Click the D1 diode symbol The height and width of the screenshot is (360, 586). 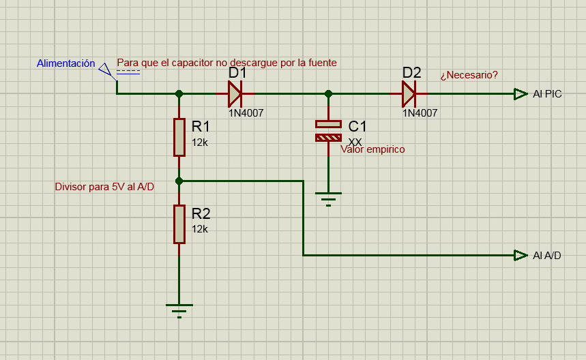coord(235,93)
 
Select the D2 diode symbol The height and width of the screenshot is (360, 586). coord(409,93)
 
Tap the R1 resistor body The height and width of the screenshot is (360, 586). coord(179,137)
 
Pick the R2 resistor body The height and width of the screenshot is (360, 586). coord(179,224)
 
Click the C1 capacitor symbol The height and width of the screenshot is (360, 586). coord(329,131)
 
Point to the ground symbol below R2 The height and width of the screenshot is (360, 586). coord(179,311)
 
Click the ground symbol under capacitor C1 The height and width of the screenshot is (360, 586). coord(329,199)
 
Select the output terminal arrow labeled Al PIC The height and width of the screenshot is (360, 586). coord(521,94)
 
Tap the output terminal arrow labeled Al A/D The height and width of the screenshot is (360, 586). coord(521,256)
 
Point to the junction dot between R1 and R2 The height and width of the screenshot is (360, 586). coord(179,181)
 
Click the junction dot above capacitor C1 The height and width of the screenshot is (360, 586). coord(329,93)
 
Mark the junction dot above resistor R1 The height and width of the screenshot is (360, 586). coord(179,93)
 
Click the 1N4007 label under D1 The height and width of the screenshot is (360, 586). coord(246,112)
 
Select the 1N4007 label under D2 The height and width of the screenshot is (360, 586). coord(420,112)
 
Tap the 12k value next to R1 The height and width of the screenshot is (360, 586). coord(200,142)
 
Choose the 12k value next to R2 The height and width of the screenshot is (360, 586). coord(200,229)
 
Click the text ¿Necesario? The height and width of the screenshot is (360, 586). coord(469,75)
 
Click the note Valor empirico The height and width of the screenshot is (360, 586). coord(372,149)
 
